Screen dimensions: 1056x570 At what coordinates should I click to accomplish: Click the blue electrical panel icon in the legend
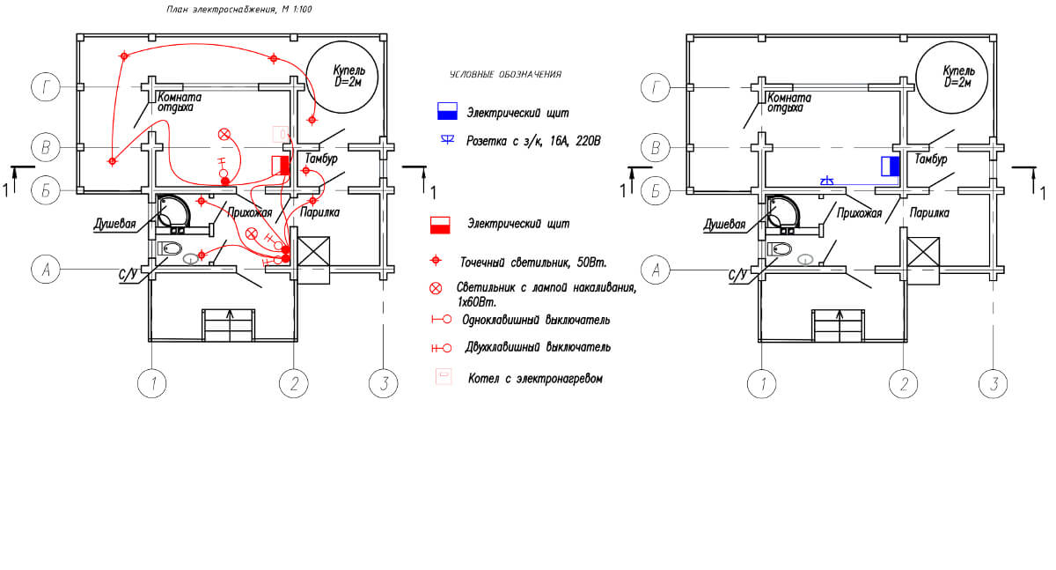(x=447, y=111)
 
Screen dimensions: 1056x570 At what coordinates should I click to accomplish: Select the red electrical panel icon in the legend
(x=440, y=225)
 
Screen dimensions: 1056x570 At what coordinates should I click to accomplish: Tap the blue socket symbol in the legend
(x=447, y=140)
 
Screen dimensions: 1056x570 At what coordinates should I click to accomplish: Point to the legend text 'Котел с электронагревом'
(x=535, y=379)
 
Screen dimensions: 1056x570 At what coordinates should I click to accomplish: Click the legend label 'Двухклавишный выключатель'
(x=538, y=347)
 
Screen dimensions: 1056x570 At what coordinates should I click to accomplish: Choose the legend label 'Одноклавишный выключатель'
(x=536, y=320)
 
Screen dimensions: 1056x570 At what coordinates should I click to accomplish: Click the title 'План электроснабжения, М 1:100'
(x=239, y=10)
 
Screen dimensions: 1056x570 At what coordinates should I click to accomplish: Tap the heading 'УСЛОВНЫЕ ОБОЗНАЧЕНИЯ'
(x=505, y=75)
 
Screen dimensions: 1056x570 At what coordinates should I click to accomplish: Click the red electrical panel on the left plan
(x=281, y=166)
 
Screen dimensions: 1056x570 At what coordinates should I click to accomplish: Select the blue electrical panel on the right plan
(x=891, y=167)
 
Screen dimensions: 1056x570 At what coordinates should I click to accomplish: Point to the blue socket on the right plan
(x=826, y=181)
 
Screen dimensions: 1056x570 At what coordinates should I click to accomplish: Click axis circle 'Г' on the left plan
(x=45, y=87)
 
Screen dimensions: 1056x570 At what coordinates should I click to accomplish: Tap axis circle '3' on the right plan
(x=993, y=383)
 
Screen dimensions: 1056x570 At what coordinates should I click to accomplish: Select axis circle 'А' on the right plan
(x=656, y=270)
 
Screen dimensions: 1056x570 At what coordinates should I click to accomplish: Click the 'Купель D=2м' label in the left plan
(x=348, y=76)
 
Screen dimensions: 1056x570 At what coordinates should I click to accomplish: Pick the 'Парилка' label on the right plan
(x=929, y=213)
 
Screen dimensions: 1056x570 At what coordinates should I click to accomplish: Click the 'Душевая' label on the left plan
(x=114, y=224)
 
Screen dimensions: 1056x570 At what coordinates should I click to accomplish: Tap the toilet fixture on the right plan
(x=781, y=248)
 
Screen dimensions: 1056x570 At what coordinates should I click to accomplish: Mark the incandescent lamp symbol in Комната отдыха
(x=224, y=135)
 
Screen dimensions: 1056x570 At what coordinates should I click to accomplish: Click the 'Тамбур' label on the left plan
(x=321, y=159)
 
